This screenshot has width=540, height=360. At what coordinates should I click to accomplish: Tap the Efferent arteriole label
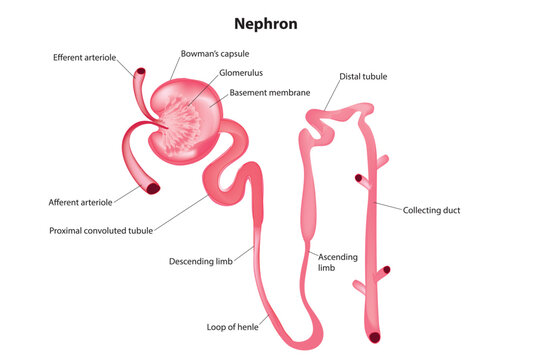(x=87, y=58)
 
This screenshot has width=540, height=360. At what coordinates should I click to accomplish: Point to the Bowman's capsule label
(x=214, y=53)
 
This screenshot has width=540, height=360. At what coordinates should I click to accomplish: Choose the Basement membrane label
(x=268, y=92)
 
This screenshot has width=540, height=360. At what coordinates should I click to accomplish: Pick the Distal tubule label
(x=363, y=76)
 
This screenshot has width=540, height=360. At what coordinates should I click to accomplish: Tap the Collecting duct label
(x=431, y=210)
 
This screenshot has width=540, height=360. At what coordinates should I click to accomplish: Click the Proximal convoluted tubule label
(x=101, y=230)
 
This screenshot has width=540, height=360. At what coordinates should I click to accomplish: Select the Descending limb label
(x=202, y=262)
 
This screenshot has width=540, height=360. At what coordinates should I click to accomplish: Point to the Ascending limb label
(x=338, y=262)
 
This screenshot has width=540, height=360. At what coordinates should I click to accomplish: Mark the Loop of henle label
(x=233, y=327)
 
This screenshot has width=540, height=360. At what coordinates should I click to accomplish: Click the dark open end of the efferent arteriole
(x=140, y=73)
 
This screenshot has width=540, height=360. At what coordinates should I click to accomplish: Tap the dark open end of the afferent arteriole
(x=153, y=187)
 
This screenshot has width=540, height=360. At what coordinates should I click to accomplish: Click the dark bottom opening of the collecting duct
(x=374, y=337)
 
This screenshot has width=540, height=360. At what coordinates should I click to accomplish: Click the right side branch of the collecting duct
(x=383, y=161)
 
